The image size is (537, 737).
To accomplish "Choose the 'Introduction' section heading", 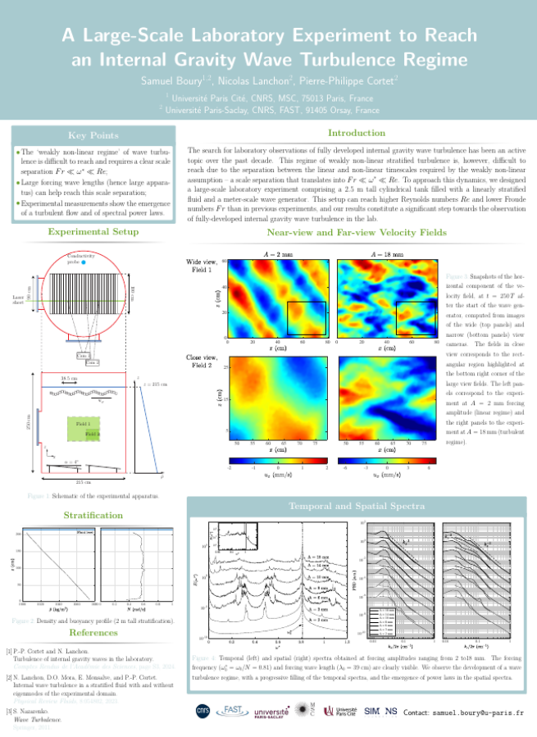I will pos(357,133).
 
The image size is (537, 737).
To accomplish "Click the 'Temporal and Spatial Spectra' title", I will pos(357,507).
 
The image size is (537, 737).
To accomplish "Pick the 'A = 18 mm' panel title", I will pos(387,255).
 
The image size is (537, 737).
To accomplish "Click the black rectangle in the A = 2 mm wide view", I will pos(306,318).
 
